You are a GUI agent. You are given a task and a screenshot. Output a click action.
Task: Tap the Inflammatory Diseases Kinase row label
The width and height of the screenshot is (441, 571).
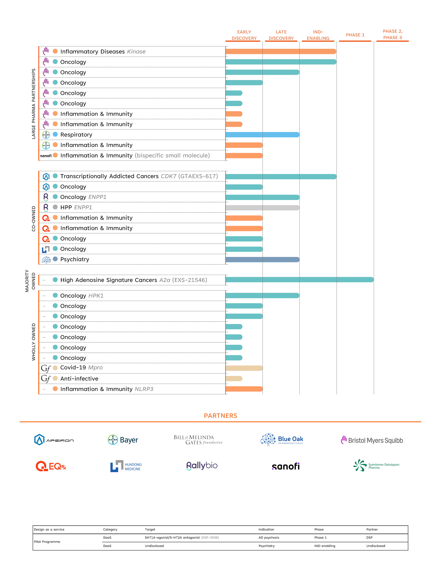(103, 51)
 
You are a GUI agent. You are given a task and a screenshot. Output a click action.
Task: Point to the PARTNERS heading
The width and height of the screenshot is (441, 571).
(221, 416)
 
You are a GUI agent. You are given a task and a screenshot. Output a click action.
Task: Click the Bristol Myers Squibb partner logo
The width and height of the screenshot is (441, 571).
(372, 440)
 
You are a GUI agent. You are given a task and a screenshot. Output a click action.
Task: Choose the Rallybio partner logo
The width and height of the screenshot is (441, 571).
(202, 466)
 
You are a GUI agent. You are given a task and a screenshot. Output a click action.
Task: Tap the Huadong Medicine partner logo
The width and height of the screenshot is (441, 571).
(126, 466)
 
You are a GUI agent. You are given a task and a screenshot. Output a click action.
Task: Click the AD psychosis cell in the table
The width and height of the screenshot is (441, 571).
(269, 537)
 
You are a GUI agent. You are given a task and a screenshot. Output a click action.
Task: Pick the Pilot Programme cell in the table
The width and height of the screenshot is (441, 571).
(47, 542)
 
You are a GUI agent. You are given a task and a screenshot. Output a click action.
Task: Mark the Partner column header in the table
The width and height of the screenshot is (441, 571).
(372, 529)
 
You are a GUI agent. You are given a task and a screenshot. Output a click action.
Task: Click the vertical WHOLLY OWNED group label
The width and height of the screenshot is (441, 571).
(33, 342)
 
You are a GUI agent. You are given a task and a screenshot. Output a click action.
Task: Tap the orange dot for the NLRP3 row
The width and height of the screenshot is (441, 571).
(55, 389)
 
